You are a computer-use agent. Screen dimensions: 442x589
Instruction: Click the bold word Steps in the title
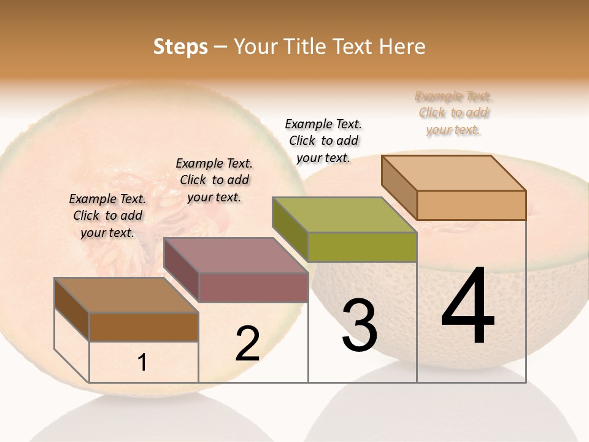point(180,47)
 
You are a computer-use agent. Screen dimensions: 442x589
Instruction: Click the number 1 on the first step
point(142,363)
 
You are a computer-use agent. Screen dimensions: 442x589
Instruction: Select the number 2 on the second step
point(247,344)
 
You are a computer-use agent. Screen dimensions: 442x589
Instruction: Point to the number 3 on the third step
point(360,326)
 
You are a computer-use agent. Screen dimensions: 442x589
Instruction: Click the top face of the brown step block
point(126,295)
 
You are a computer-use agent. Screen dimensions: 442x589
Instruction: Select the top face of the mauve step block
point(236,255)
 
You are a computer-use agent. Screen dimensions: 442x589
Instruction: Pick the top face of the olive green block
point(345,215)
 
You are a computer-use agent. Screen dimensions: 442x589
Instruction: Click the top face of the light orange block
point(454,173)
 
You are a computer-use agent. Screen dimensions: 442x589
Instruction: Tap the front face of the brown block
point(144,327)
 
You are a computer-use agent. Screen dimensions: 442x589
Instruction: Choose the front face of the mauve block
point(253,287)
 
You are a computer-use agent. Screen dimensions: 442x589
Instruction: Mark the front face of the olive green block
point(362,247)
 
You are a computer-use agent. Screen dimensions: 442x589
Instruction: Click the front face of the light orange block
point(471,205)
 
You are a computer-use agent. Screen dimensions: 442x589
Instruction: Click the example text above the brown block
point(107,216)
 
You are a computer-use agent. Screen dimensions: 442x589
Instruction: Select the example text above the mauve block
point(214,180)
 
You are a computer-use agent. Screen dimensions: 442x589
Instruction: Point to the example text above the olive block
point(323,141)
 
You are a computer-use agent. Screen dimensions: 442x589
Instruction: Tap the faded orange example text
point(453,113)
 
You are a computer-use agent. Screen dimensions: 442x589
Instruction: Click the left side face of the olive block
point(290,228)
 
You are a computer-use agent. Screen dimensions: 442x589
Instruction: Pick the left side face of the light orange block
point(399,187)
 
